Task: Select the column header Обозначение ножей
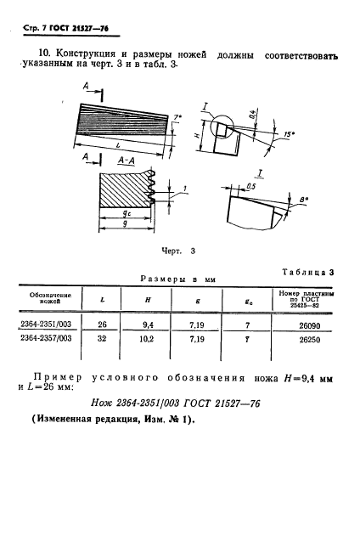pos(60,298)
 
